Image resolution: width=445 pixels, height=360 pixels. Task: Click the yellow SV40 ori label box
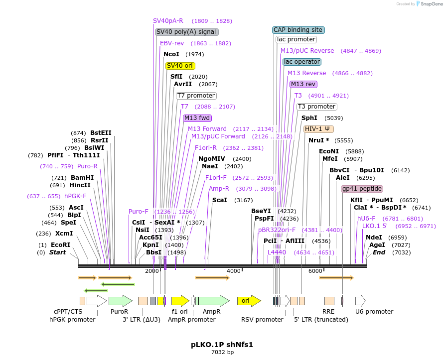coord(180,66)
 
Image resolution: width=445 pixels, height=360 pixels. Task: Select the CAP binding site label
coord(298,30)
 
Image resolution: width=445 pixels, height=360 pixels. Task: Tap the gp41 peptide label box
coord(362,189)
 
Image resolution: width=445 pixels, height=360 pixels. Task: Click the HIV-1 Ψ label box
coord(318,128)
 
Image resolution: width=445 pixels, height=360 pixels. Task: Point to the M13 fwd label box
coord(197,118)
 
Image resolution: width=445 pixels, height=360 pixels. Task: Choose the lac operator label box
coord(302,62)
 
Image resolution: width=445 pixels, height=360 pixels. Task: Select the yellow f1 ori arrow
coord(180,301)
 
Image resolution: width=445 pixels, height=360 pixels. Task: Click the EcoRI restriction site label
coord(60,245)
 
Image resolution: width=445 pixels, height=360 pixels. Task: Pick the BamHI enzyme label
coord(82,177)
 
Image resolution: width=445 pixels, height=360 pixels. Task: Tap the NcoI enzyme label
coord(171,54)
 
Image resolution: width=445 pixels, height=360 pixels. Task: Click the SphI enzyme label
coord(309,118)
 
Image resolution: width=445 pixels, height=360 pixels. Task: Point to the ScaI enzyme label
coord(220,200)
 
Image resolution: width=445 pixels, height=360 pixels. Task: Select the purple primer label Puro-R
coord(87,166)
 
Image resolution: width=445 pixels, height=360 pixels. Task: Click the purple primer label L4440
coord(277,252)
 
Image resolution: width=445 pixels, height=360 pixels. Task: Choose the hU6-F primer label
coord(366,218)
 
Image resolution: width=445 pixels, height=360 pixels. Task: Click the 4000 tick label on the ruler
coord(233,270)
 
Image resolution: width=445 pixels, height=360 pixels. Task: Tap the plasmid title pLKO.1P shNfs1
coord(222,345)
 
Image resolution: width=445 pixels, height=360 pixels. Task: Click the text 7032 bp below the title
coord(222,353)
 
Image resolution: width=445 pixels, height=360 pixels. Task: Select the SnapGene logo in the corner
coord(429,3)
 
